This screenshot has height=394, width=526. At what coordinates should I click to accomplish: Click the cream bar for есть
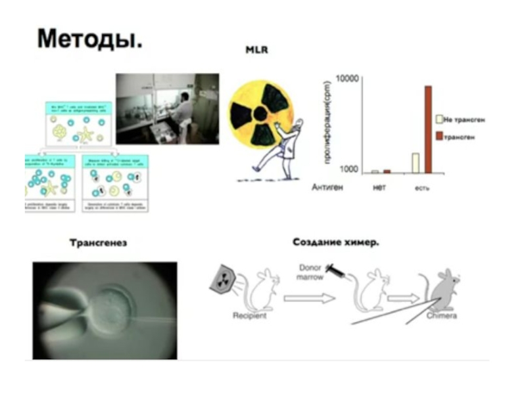pos(416,163)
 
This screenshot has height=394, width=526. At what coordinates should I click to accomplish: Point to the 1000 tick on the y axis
pos(346,169)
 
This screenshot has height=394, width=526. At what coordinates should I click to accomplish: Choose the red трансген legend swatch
pos(439,135)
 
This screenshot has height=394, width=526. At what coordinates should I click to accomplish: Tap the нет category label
pos(379,186)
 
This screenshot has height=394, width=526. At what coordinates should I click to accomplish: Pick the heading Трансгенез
pos(98,244)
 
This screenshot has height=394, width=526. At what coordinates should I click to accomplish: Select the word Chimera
pos(441,316)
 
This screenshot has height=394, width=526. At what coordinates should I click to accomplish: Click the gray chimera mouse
pos(442,289)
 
